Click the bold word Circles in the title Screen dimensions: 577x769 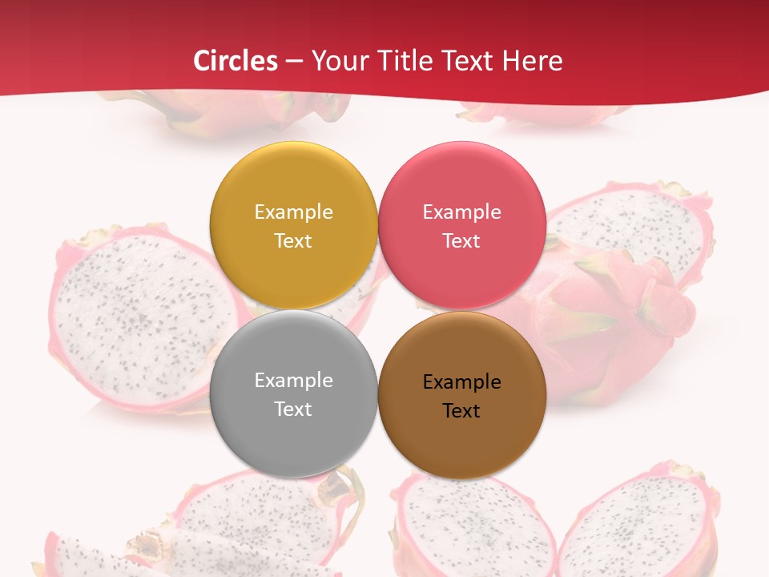coord(235,61)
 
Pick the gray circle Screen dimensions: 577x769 coord(293,353)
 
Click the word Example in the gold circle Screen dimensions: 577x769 coord(293,212)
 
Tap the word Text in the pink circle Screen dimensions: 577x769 coord(461,241)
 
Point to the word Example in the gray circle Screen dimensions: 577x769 coord(293,381)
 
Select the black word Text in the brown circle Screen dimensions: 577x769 coord(461,411)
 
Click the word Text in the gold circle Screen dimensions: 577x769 coord(293,241)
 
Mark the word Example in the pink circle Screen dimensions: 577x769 coord(461,212)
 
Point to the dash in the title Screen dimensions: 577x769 coord(294,62)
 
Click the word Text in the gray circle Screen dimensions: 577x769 coord(293,410)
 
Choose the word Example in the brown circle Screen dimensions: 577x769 coord(461,382)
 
